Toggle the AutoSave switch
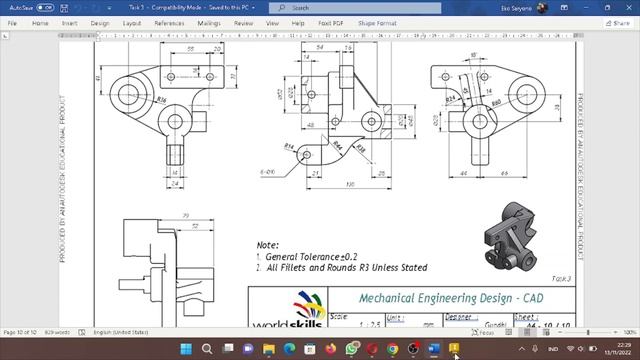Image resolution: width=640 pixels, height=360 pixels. [x=44, y=7]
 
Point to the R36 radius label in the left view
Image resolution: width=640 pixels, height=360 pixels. [x=160, y=100]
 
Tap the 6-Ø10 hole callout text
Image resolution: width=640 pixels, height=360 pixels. [x=268, y=172]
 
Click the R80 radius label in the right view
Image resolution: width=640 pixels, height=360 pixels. [x=495, y=102]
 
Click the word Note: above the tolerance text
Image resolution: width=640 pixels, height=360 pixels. [x=267, y=244]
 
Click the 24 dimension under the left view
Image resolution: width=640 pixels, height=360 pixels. [x=176, y=183]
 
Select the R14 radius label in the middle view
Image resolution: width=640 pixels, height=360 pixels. [x=289, y=146]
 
